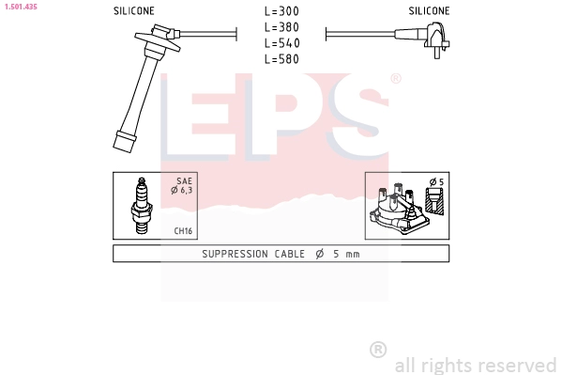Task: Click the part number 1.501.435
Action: (x=21, y=7)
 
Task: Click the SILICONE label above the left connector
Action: (x=133, y=11)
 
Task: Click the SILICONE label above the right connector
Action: (x=429, y=11)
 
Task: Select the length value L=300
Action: (x=281, y=11)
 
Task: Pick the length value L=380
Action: (x=281, y=27)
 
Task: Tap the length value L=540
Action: (x=281, y=43)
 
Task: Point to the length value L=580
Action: (x=281, y=59)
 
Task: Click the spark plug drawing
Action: (x=142, y=206)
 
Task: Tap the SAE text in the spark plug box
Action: (x=184, y=181)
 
